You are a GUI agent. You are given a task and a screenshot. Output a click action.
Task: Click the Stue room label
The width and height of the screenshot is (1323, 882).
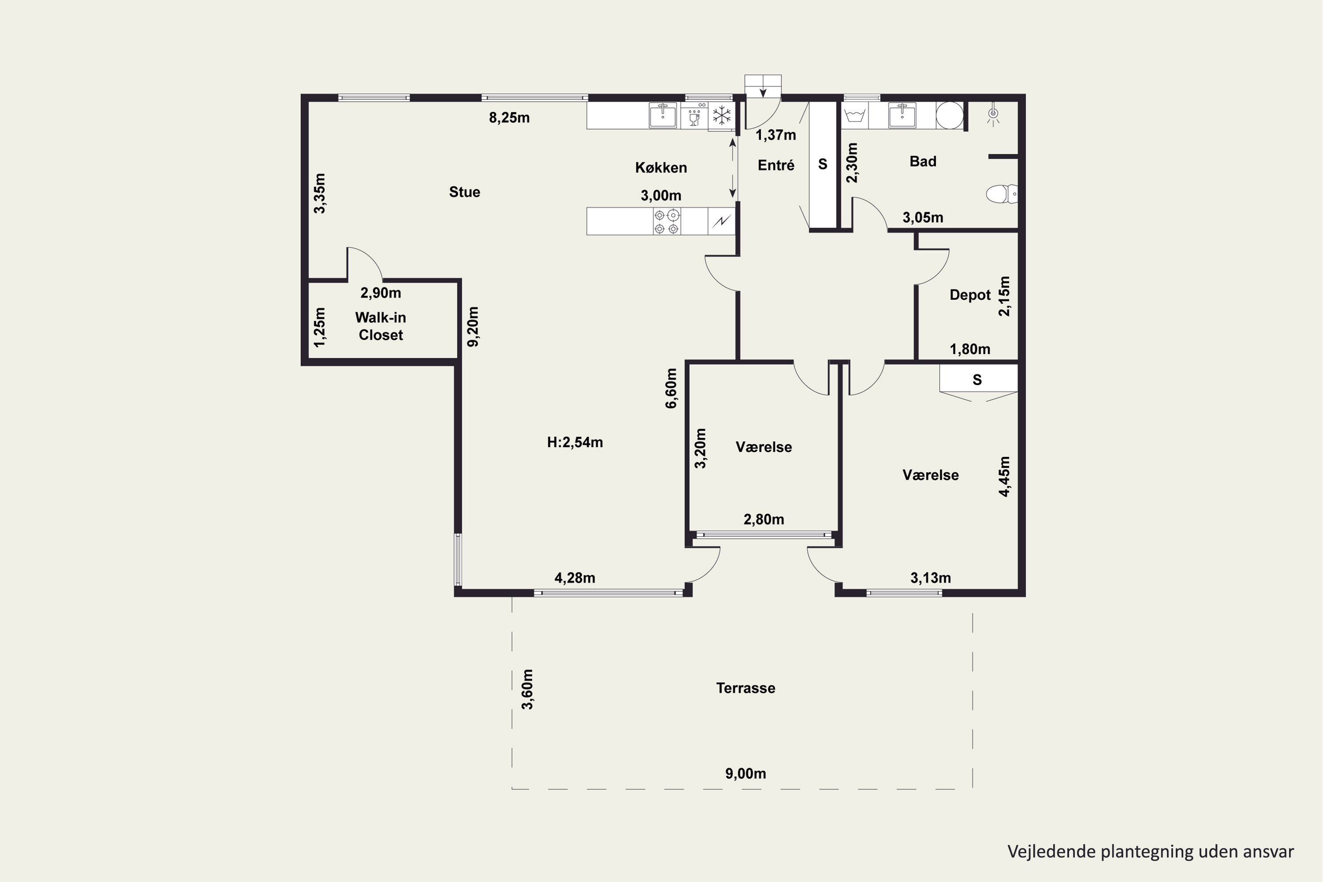[465, 192]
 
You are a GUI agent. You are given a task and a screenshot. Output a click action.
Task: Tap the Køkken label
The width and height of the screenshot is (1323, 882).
[661, 168]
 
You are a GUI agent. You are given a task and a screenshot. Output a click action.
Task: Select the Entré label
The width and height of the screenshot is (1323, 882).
[776, 165]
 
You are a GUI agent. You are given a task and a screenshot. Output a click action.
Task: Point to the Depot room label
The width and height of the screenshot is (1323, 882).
[970, 295]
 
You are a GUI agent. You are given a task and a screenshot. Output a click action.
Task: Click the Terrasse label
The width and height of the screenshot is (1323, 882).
[745, 688]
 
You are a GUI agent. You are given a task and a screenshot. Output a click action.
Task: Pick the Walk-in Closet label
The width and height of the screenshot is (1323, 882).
[381, 326]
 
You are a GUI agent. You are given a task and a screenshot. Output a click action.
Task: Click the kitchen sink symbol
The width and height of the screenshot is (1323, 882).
[663, 115]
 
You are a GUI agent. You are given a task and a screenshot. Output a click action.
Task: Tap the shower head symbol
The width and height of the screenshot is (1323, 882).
[993, 114]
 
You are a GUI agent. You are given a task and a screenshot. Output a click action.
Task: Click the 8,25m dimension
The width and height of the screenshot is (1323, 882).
[509, 118]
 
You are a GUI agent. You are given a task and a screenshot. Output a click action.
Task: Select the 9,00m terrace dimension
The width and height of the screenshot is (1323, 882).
[745, 774]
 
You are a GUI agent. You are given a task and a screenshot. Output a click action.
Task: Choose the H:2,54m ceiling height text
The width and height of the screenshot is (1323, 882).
[575, 442]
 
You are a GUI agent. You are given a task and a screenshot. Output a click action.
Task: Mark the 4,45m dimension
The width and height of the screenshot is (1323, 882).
[1004, 476]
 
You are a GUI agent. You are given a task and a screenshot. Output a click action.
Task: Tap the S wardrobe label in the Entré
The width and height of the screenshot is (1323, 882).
[822, 164]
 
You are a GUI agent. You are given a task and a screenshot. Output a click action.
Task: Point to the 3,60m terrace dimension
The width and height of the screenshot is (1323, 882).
[527, 689]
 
